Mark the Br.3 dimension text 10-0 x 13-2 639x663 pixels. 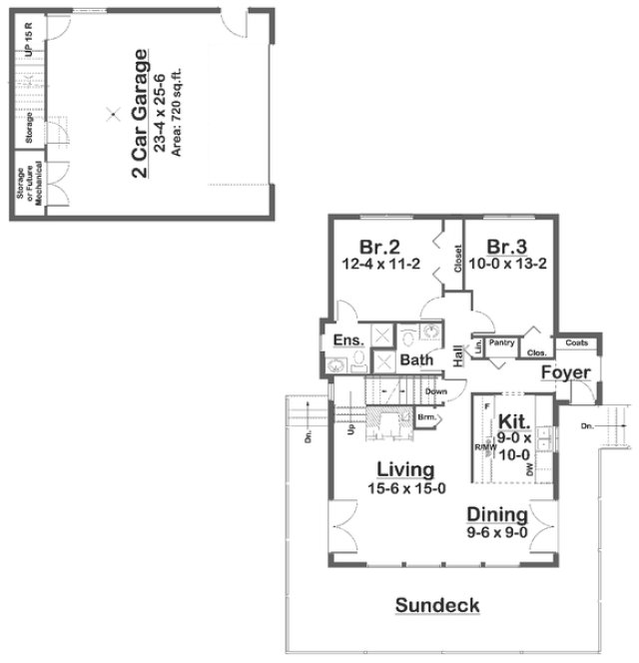[509, 265]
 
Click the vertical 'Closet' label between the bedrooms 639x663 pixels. [457, 259]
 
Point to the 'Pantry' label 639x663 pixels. [501, 342]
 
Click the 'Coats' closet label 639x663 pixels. [576, 342]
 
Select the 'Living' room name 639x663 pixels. [405, 468]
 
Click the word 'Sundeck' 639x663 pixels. [437, 604]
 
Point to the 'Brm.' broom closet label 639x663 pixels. [424, 417]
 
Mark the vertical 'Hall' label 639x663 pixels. [458, 355]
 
